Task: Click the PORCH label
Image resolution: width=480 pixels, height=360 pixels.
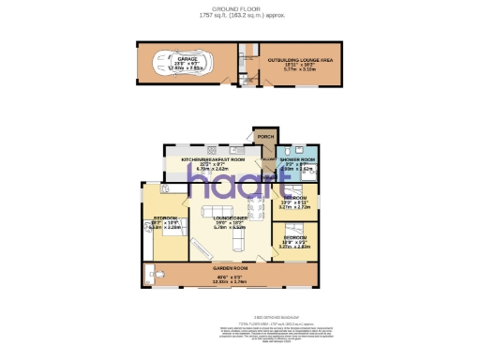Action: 266,138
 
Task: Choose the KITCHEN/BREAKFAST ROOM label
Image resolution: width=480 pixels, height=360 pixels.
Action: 212,160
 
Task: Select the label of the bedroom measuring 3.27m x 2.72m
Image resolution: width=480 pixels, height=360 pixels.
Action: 294,199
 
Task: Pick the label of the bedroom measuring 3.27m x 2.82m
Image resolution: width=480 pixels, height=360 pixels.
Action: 294,238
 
